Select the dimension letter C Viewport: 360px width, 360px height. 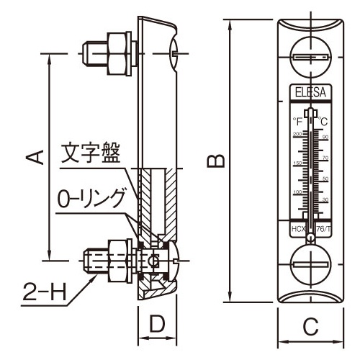pyautogui.click(x=310, y=328)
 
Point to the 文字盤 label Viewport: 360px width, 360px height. pyautogui.click(x=89, y=152)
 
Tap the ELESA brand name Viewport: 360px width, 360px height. pyautogui.click(x=310, y=91)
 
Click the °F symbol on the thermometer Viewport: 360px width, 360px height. pyautogui.click(x=297, y=121)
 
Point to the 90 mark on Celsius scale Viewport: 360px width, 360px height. pyautogui.click(x=325, y=137)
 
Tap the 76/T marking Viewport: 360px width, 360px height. pyautogui.click(x=324, y=228)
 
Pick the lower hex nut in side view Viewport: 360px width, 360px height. pyautogui.click(x=115, y=260)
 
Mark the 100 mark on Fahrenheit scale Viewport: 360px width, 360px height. pyautogui.click(x=297, y=192)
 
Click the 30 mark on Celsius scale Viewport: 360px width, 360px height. pyautogui.click(x=325, y=199)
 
